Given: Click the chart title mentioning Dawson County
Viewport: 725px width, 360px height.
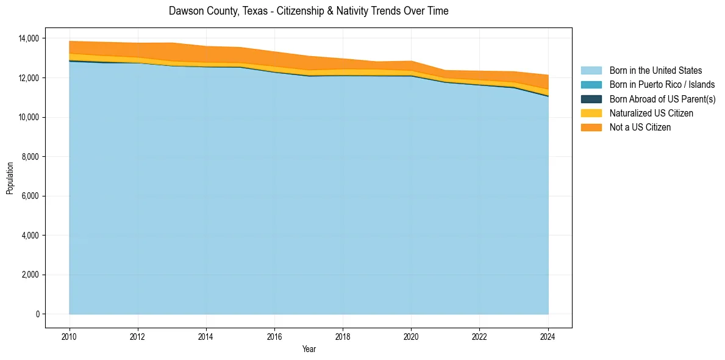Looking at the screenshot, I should pos(309,11).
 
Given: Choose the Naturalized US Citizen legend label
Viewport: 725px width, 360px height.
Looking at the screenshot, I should pos(651,113).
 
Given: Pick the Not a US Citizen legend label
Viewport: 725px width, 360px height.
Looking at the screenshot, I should pos(640,127).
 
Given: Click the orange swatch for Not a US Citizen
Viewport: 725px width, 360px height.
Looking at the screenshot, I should pos(591,127).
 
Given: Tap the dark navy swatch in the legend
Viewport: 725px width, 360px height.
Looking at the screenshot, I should pos(591,99).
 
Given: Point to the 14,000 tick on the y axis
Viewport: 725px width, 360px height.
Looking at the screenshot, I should pos(29,38).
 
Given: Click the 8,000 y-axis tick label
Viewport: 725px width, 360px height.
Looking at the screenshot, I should pos(30,157).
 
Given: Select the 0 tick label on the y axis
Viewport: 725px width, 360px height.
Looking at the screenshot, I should pos(37,314).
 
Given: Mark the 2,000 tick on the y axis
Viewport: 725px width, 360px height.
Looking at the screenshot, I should pos(30,275).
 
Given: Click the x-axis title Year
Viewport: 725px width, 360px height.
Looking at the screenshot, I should pos(309,349).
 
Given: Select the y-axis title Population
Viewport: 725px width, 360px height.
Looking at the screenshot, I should pos(10,178).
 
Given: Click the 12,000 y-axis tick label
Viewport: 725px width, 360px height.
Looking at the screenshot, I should pos(29,78).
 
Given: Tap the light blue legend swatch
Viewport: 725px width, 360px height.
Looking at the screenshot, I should pos(591,71).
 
